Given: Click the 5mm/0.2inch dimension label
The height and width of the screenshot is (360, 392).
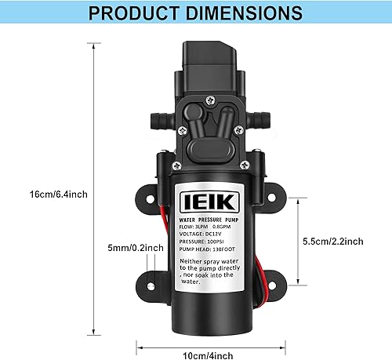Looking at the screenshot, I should (x=136, y=248).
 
